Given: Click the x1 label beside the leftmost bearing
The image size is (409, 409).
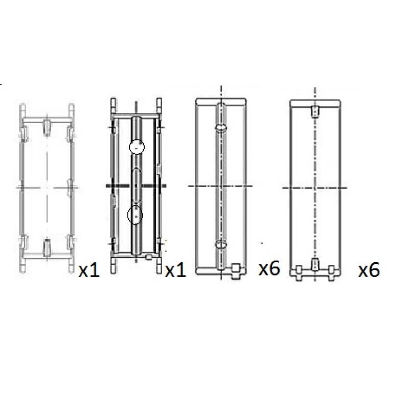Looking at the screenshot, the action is (89, 270).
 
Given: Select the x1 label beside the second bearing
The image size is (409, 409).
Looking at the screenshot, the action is (175, 270).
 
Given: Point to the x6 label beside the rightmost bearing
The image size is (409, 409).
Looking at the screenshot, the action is (369, 270).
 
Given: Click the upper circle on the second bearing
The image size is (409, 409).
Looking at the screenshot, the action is (137, 147).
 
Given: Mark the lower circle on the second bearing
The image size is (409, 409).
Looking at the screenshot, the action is (135, 215).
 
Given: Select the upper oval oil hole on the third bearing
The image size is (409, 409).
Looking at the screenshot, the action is (221, 127).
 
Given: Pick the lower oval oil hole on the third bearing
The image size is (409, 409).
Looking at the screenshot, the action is (221, 244).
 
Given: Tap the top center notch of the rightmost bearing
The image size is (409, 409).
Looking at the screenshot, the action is (315, 111).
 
